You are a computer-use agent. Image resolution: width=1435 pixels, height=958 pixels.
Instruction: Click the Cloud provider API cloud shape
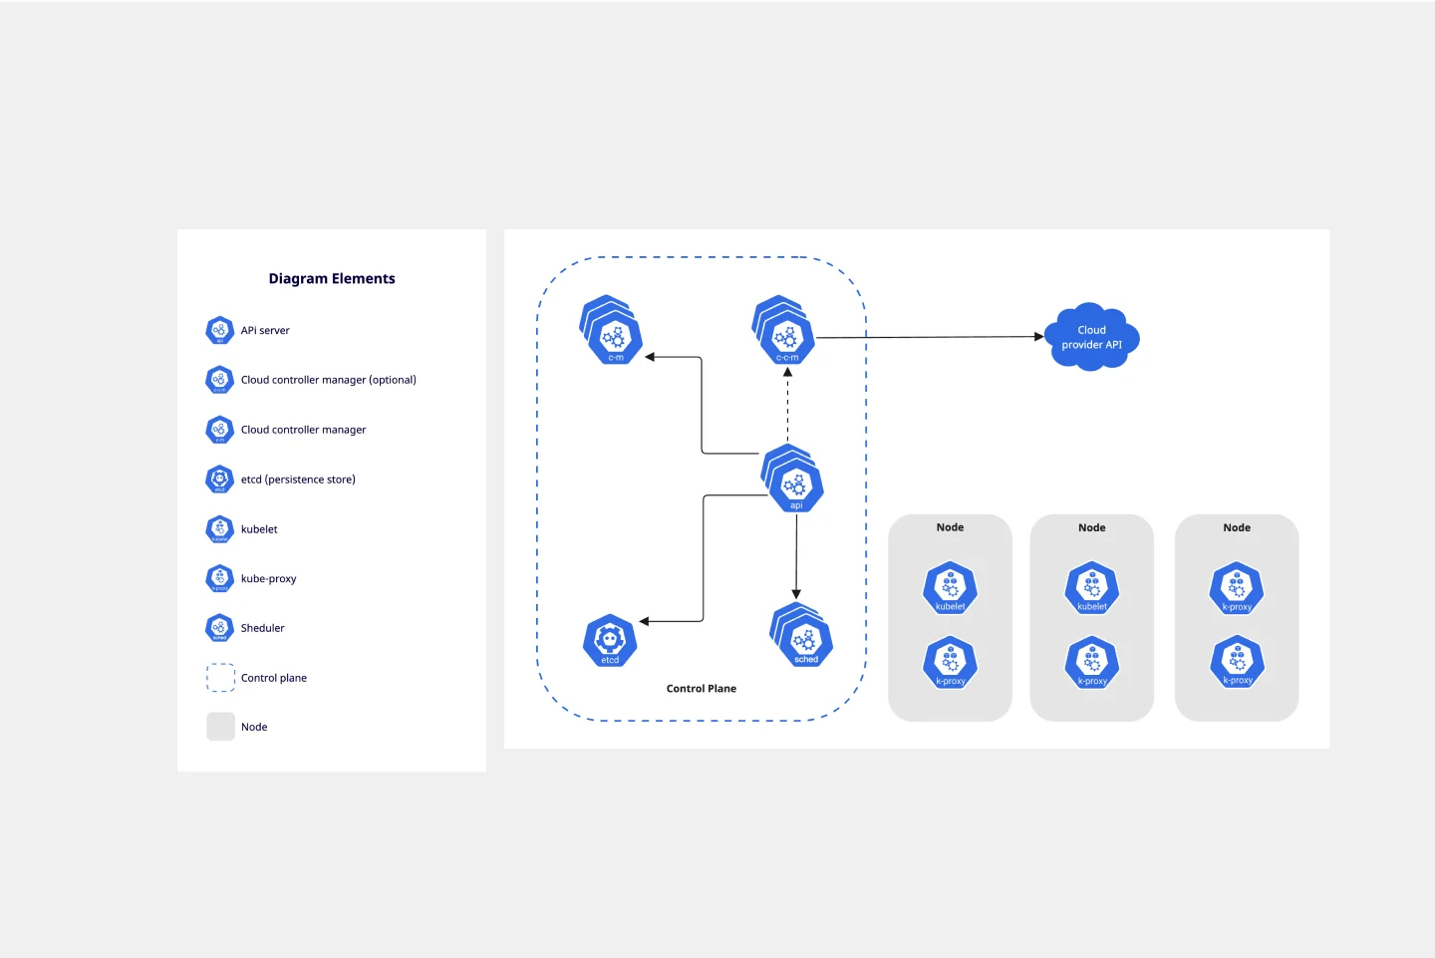[1091, 338]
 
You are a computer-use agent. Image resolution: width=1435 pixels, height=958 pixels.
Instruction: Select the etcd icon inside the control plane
[610, 640]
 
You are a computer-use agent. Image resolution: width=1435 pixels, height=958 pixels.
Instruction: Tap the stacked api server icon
[794, 482]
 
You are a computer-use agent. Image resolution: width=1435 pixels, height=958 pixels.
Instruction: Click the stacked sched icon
[803, 637]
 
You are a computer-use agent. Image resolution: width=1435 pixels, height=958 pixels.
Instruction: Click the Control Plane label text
[701, 689]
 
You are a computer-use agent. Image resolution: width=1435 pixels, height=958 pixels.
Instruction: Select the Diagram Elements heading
[332, 279]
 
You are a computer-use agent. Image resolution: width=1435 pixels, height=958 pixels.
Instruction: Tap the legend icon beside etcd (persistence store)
[219, 479]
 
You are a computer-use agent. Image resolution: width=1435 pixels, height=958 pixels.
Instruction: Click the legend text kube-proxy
[268, 579]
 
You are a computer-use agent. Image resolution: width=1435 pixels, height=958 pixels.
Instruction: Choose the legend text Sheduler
[262, 628]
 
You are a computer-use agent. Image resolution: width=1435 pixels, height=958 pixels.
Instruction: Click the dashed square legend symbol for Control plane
[220, 678]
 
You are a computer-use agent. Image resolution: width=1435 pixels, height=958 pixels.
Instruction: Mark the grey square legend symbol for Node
[220, 727]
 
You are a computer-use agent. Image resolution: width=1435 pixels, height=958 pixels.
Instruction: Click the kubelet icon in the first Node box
[950, 588]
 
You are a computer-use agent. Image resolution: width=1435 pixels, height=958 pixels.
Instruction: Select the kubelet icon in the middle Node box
[1091, 588]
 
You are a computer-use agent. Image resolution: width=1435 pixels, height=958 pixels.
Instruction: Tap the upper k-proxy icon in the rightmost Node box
[1237, 588]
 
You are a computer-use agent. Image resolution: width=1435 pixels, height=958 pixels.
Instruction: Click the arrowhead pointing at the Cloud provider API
[1038, 337]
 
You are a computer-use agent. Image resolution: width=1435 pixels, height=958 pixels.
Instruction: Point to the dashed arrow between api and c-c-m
[787, 409]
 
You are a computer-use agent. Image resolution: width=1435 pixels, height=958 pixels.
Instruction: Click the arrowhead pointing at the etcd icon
[645, 621]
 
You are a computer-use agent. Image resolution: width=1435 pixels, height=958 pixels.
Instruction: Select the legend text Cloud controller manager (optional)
[328, 380]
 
